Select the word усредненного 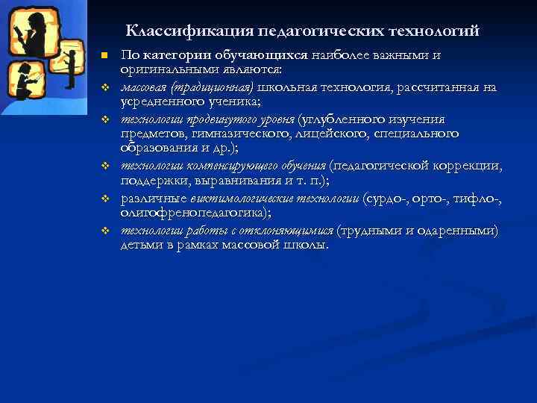click(159, 101)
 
